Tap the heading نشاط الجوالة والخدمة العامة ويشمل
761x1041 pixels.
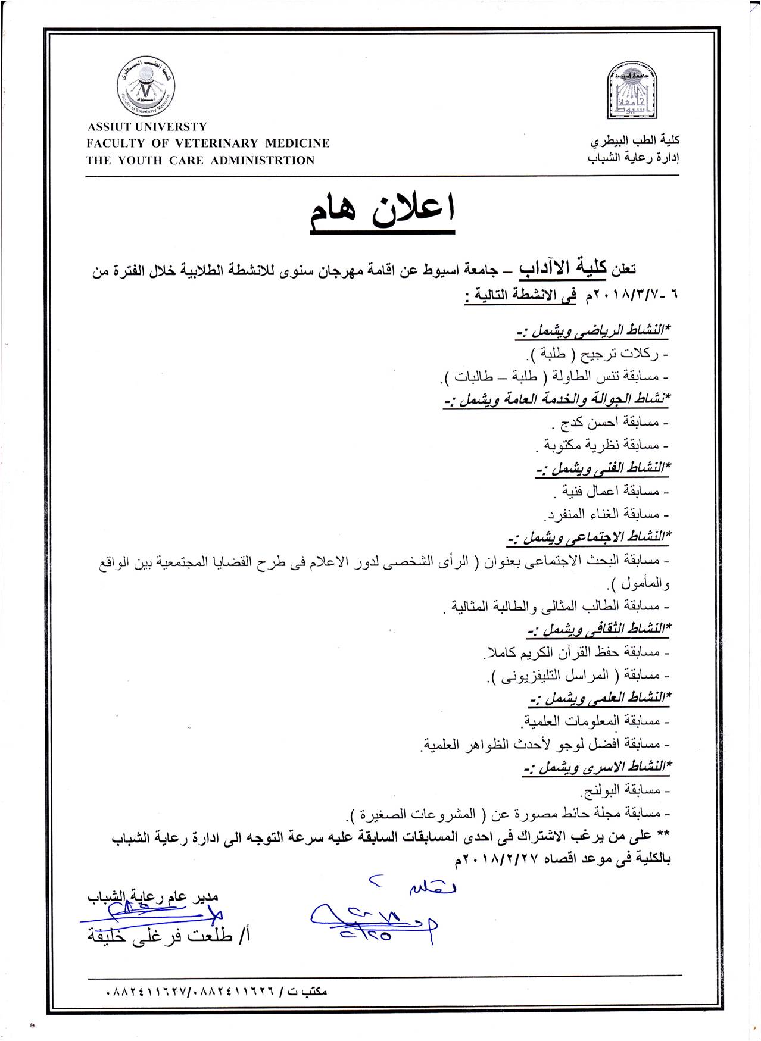point(557,399)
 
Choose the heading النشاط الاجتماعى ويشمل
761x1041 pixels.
point(589,537)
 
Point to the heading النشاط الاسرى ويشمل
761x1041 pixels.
point(596,767)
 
